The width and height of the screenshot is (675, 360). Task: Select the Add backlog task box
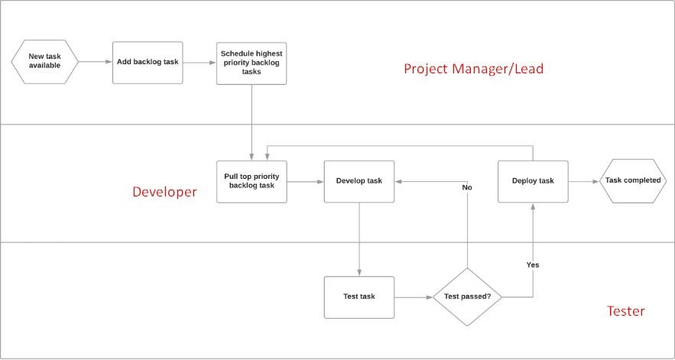pos(148,62)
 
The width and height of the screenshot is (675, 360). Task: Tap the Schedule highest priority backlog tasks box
pos(252,62)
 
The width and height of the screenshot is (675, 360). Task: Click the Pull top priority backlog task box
pos(252,181)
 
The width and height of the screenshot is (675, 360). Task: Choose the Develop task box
pos(359,181)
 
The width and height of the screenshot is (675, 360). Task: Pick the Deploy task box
pos(533,181)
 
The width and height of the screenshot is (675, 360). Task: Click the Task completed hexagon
pos(633,181)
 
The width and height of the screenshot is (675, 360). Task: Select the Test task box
pos(359,297)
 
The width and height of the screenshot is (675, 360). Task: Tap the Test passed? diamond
pos(467,297)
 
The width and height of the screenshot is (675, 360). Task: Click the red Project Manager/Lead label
pos(473,69)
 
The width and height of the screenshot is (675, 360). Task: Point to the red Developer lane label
pos(164,191)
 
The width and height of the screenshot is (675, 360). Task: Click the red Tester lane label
pos(625,311)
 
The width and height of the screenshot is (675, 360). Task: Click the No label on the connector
pos(467,187)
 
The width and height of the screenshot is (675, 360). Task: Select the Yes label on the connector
pos(533,264)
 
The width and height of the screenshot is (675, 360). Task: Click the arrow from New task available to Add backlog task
pos(96,62)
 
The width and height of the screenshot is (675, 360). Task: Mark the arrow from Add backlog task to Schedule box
pos(200,62)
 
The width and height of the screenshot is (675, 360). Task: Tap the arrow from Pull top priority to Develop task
pos(305,181)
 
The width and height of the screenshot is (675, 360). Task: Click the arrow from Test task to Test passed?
pos(414,297)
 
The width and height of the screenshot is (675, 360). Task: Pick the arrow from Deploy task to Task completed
pos(585,181)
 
